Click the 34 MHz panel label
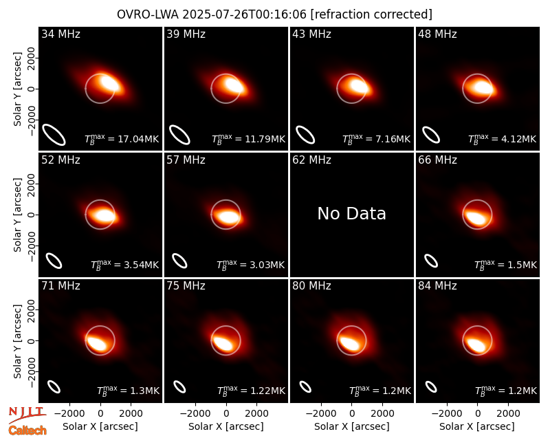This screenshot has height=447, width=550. pos(60,34)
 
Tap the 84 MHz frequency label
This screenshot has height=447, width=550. pos(437,286)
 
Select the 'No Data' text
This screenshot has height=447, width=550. pos(351,214)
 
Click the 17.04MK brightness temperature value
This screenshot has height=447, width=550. pos(138,139)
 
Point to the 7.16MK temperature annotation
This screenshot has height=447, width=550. pos(393,139)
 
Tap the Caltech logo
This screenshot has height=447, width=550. pos(27,430)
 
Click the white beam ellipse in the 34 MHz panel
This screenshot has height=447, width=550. pos(54,134)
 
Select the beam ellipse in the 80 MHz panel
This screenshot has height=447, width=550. pos(305,386)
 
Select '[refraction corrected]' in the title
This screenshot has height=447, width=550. pos(371,14)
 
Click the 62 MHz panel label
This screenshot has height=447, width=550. pos(311,160)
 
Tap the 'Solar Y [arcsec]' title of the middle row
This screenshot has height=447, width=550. pos(17,215)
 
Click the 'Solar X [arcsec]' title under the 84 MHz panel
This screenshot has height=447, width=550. pos(477,426)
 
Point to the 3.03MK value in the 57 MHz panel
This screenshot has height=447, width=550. pos(267,265)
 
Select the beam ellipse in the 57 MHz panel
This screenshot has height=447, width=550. pos(179,261)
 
